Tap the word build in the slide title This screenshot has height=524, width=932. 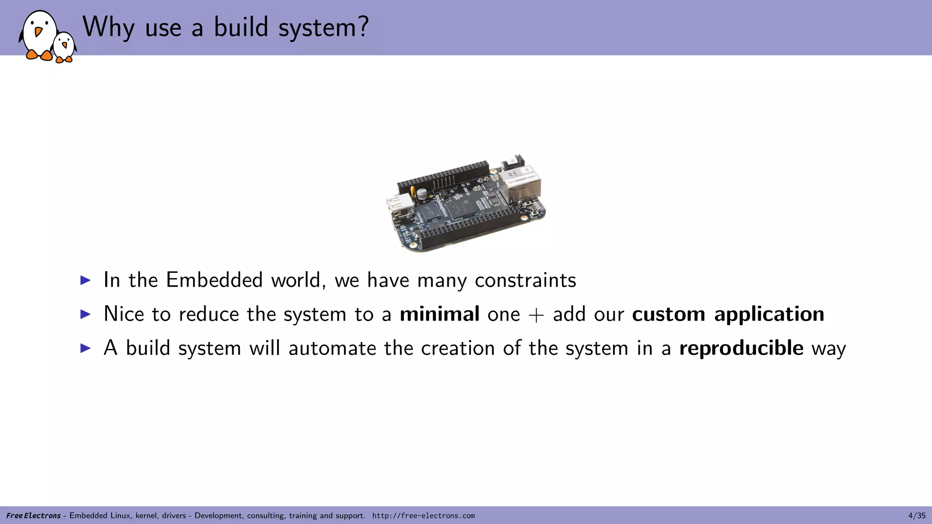pyautogui.click(x=241, y=27)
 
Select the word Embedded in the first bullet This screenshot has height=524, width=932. pyautogui.click(x=214, y=280)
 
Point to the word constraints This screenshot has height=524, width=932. pyautogui.click(x=525, y=280)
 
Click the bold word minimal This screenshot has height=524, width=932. pyautogui.click(x=439, y=314)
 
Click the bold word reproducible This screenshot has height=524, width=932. pyautogui.click(x=741, y=348)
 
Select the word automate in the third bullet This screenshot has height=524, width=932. pyautogui.click(x=332, y=348)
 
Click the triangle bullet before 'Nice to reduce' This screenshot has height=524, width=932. pyautogui.click(x=86, y=314)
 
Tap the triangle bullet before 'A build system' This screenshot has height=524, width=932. pyautogui.click(x=86, y=348)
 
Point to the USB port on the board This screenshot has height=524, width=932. pyautogui.click(x=398, y=204)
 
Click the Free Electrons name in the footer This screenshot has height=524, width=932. pyautogui.click(x=33, y=515)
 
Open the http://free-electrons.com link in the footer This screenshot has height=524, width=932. pyautogui.click(x=423, y=515)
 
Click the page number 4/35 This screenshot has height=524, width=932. pyautogui.click(x=917, y=515)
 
